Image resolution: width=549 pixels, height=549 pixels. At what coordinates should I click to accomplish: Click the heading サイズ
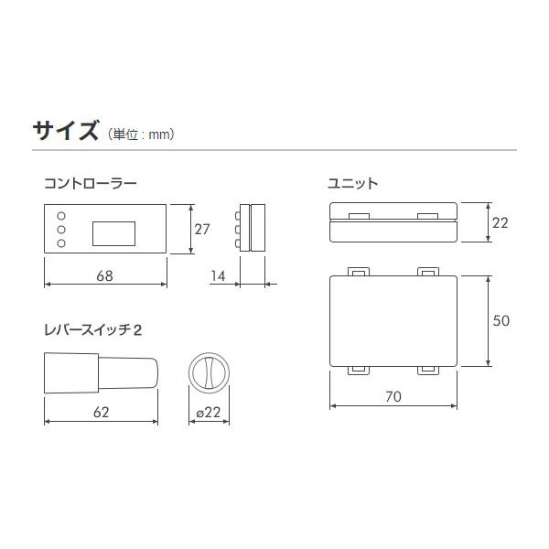click(x=65, y=130)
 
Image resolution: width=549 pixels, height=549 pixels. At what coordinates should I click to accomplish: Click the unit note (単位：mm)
click(x=141, y=134)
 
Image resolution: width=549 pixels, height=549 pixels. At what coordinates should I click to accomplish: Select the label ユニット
click(x=353, y=183)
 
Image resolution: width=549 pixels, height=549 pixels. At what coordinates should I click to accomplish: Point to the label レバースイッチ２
click(x=92, y=330)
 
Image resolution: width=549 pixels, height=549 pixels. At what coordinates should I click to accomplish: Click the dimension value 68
click(x=105, y=274)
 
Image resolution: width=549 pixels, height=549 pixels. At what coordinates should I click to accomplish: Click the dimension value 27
click(x=202, y=228)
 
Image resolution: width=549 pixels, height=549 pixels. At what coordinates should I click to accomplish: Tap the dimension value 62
click(x=102, y=412)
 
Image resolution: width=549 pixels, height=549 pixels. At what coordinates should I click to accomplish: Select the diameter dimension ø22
click(x=210, y=413)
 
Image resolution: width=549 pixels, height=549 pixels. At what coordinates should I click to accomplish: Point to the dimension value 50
click(x=500, y=320)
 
